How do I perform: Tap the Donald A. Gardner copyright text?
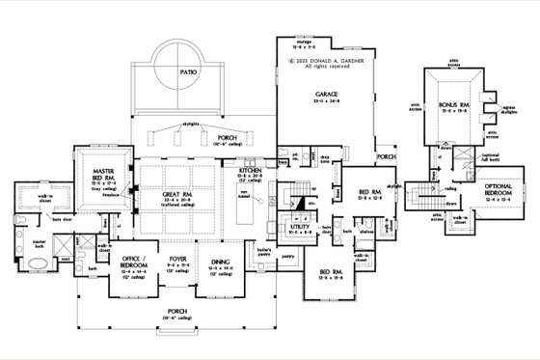point(326,59)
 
